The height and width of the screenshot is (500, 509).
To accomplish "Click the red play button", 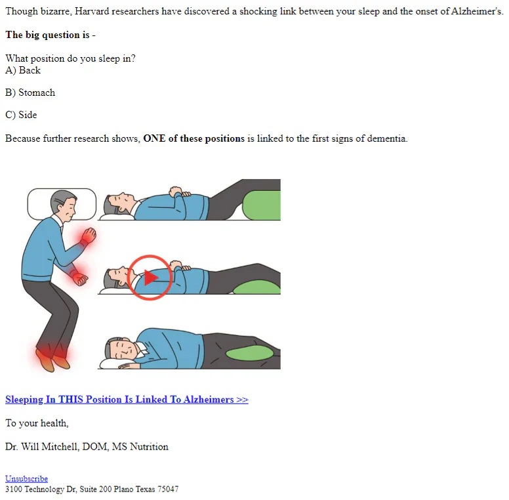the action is pos(150,278).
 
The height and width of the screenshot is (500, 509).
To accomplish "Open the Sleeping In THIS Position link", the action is pos(127,400).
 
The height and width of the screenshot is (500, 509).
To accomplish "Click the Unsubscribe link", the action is pos(27,478).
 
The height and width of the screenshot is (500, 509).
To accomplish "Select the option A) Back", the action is pos(23,70).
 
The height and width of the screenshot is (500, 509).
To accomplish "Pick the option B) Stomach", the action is pos(30,93).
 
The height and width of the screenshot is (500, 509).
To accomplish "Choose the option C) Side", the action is pos(21,115).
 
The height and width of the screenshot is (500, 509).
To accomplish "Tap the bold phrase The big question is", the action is pos(47,35).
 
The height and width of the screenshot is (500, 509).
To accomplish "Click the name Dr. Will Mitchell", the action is pos(42,447).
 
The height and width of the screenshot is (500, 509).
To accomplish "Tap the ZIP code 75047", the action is pos(168,489).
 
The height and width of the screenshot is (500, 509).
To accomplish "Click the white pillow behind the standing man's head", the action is pos(62,204).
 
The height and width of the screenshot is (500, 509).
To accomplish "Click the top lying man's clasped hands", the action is pos(180,192).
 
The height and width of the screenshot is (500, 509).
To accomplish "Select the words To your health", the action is pos(37,423).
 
